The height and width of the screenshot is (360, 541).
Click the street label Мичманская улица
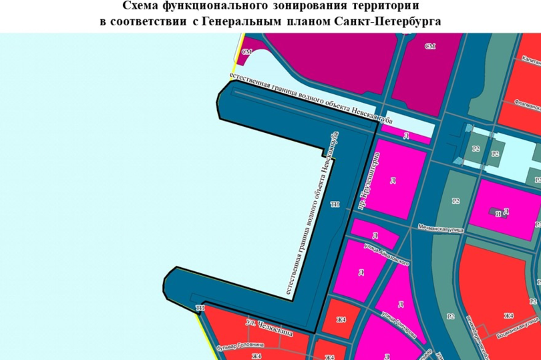[x=439, y=227]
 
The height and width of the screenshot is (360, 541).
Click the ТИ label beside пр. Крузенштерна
[x=335, y=204]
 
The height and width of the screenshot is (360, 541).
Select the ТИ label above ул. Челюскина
[x=199, y=308]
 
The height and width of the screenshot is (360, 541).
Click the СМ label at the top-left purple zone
[x=246, y=51]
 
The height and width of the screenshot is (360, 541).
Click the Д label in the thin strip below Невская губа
[x=406, y=136]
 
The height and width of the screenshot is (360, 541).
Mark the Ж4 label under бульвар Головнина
[x=256, y=356]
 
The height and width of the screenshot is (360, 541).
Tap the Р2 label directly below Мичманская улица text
[x=455, y=200]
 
